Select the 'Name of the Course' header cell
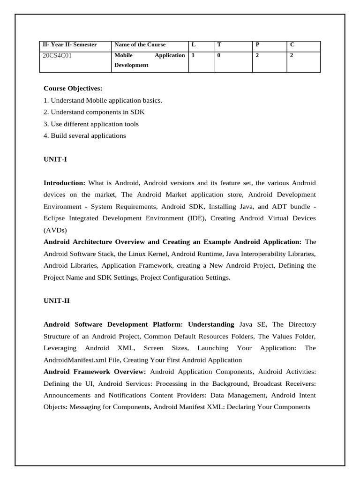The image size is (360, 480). tap(140, 45)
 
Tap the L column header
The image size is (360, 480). tap(193, 45)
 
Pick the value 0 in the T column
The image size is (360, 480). tap(219, 55)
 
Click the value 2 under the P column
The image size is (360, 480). tap(257, 55)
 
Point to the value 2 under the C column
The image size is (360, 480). tap(292, 55)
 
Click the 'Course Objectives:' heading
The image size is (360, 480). tap(73, 88)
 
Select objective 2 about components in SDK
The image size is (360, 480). tap(94, 112)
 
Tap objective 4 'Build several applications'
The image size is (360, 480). tap(85, 135)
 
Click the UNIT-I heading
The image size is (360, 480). tap(55, 159)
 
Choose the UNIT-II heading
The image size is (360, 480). tap(56, 300)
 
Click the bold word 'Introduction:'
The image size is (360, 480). tap(64, 182)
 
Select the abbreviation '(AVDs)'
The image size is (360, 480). tap(55, 230)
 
